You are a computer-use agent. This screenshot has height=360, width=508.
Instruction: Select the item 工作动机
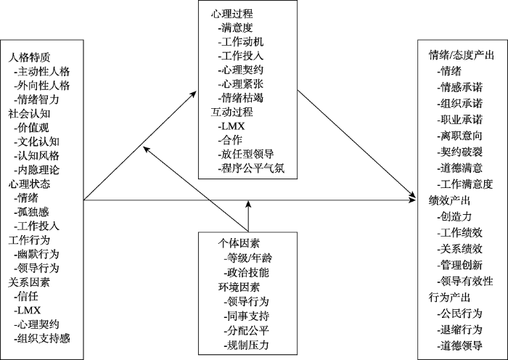pyautogui.click(x=243, y=41)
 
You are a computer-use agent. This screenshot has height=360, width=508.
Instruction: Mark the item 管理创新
pyautogui.click(x=461, y=266)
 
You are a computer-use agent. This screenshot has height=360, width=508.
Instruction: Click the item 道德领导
pyautogui.click(x=461, y=343)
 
